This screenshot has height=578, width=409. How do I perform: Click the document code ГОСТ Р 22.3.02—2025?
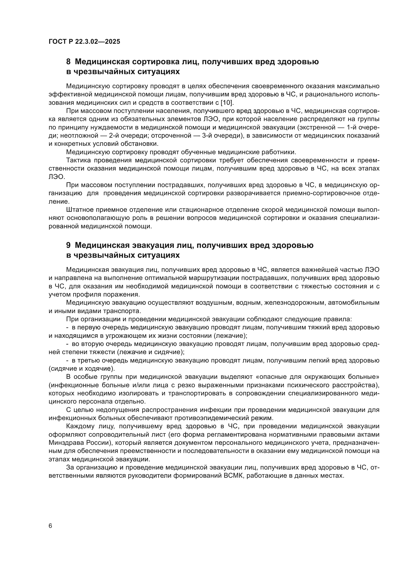(84, 42)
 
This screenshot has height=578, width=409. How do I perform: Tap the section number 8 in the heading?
(68, 62)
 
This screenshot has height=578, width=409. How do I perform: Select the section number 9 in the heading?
(68, 245)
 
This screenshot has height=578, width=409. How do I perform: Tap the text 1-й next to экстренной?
(352, 127)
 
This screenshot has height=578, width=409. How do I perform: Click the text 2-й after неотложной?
(114, 136)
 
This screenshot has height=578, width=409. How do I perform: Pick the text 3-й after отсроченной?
(207, 136)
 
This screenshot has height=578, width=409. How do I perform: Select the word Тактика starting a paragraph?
(79, 160)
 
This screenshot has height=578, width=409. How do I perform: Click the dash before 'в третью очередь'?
(68, 361)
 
